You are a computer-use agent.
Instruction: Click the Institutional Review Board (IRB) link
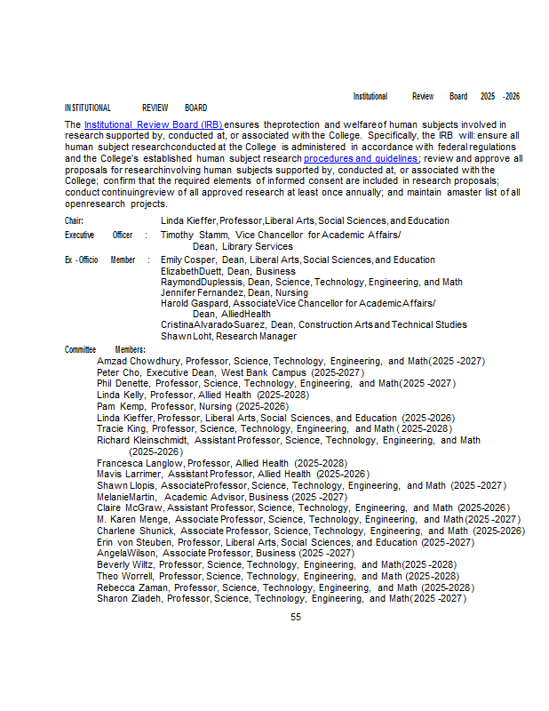[154, 124]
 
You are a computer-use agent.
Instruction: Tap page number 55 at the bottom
[296, 617]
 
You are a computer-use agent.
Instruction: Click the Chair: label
[75, 220]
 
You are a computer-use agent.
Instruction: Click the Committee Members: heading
[105, 349]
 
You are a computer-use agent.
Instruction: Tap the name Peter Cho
[119, 372]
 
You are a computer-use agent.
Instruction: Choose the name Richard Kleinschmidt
[142, 440]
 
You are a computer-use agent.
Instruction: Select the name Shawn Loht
[184, 336]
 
